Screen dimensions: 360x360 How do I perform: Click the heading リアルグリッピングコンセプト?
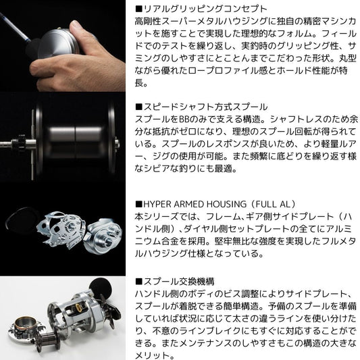coord(205,9)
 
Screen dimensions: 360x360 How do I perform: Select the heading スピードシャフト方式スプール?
coord(205,107)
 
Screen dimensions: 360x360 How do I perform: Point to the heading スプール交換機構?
coord(178,282)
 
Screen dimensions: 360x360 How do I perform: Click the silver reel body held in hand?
coord(57,44)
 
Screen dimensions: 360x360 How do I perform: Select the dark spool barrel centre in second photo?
coord(75,140)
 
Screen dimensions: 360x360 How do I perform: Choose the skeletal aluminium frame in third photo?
coord(61,230)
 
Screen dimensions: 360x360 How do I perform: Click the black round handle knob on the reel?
coord(101,288)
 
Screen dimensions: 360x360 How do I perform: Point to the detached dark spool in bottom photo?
coord(48,341)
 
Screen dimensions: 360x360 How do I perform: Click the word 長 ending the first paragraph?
coord(139,82)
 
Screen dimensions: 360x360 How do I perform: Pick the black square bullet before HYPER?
coord(138,204)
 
